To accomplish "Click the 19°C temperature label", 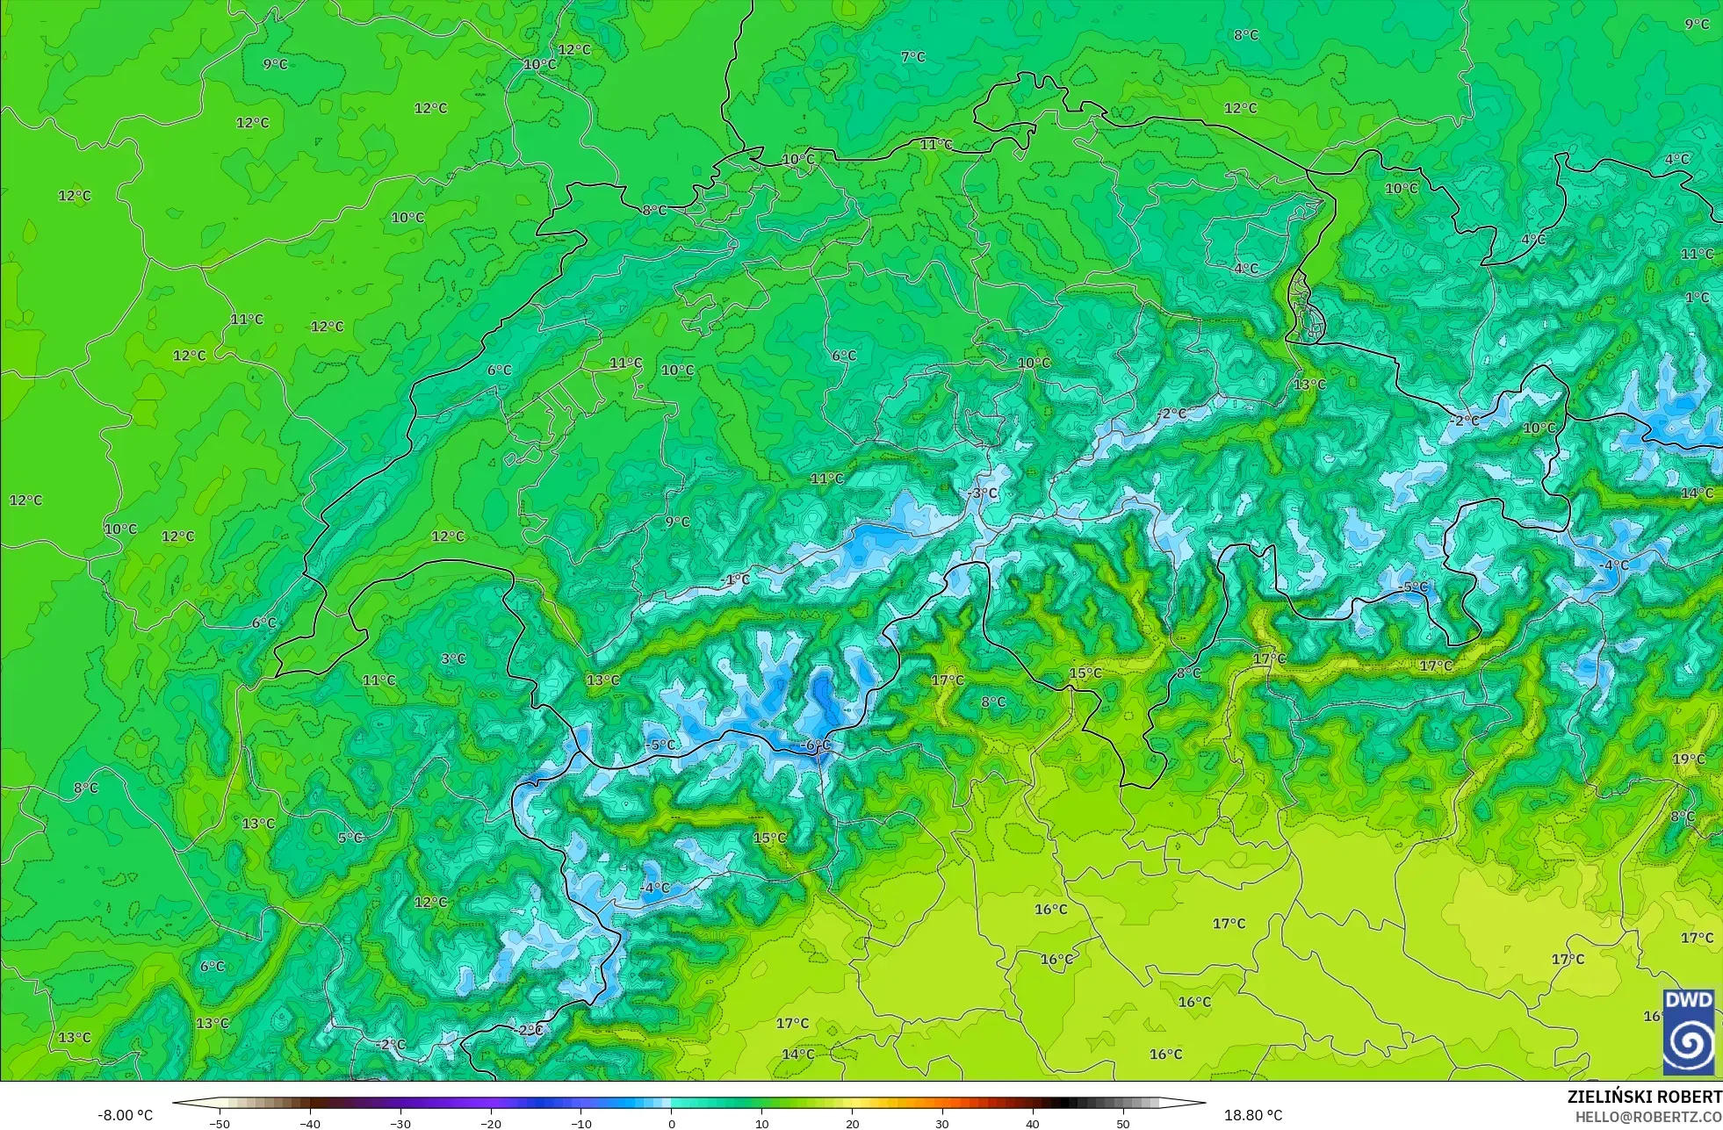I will (1688, 759).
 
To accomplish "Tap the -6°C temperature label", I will (815, 745).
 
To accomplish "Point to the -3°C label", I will (982, 493).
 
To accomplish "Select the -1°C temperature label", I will (735, 579).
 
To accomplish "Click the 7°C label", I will (912, 57).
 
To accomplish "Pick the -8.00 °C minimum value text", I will (125, 1116).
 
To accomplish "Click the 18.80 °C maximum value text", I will (1253, 1116).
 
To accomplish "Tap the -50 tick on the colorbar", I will (220, 1124).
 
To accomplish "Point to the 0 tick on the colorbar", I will (672, 1124).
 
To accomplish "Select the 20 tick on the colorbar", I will (852, 1124).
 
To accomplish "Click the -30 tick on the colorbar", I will (400, 1124).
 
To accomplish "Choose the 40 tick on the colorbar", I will (1032, 1124).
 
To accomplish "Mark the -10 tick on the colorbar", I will (580, 1124).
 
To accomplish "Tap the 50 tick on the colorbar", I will (1122, 1124).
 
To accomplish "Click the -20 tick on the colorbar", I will (491, 1124).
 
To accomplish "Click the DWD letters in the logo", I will (1688, 1001).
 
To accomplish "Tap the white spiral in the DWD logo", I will (1688, 1043).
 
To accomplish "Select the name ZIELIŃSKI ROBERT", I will (1644, 1097).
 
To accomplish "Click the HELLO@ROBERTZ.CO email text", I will (1647, 1117).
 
